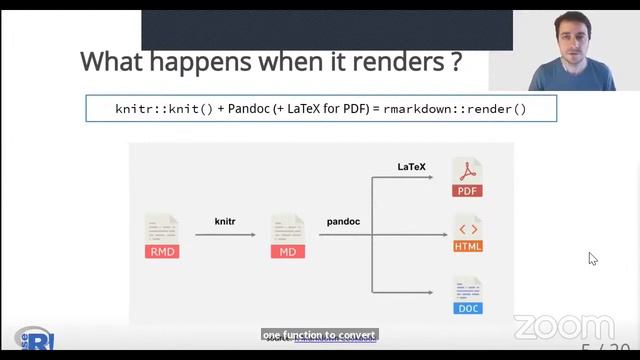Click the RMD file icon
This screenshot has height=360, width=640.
pos(162,237)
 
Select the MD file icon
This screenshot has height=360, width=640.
pos(287,237)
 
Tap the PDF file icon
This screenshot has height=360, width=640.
pos(467,177)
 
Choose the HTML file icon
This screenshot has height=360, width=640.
pos(467,233)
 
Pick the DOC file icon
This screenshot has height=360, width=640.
pos(467,295)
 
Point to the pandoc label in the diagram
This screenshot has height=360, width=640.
pos(343,220)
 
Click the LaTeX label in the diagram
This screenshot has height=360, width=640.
pos(411,167)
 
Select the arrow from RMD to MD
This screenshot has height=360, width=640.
pos(225,236)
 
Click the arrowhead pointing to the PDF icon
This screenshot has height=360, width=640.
pos(429,177)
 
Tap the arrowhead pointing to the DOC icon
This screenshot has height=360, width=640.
pos(429,293)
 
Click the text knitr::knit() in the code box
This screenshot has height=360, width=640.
pos(164,108)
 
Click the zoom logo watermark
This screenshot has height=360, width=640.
pos(564,327)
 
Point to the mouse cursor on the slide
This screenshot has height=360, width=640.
pos(592,258)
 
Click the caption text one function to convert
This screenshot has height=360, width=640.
pos(320,335)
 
